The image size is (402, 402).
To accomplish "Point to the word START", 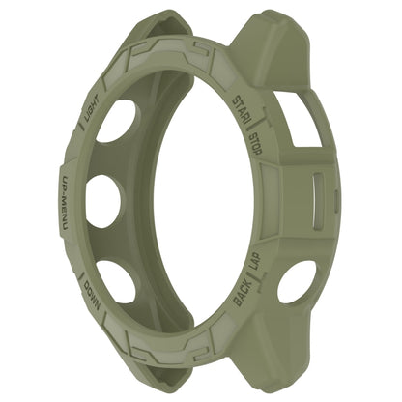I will click(242, 107).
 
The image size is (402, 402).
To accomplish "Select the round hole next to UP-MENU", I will click(102, 200).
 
